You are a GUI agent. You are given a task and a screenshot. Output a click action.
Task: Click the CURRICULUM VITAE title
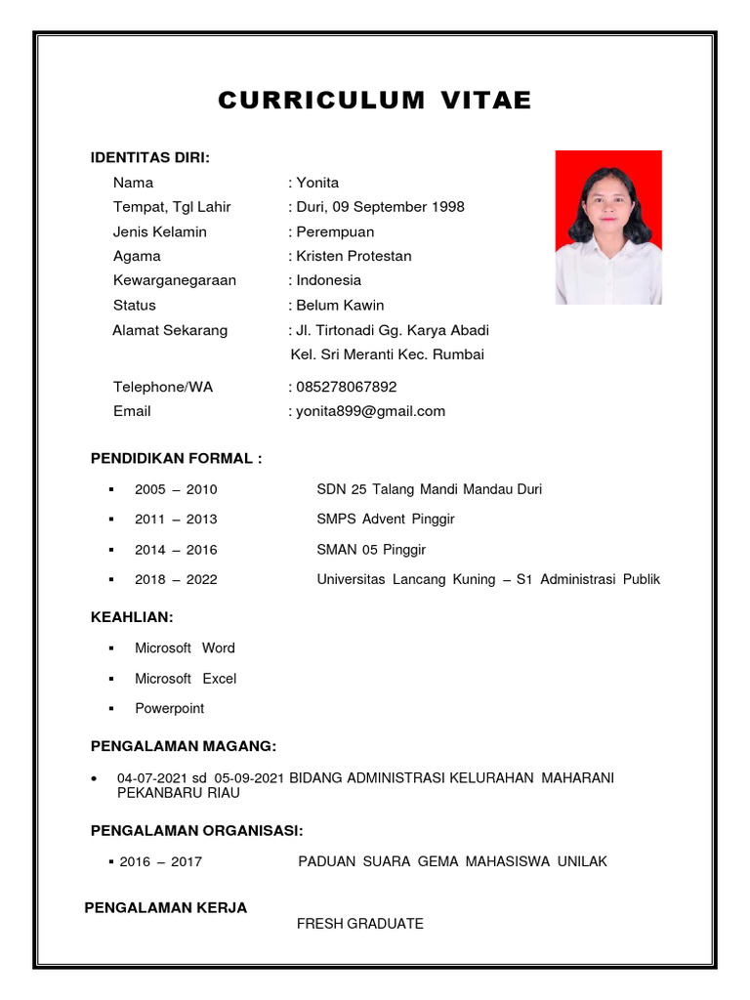tap(375, 101)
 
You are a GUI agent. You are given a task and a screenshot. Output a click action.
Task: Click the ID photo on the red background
tap(608, 227)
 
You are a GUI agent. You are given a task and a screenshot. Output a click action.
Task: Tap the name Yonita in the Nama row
tap(317, 183)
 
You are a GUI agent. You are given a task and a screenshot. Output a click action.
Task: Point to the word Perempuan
tap(335, 231)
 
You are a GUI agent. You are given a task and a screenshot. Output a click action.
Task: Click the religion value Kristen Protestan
tap(354, 256)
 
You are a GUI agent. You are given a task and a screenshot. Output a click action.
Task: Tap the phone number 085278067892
tap(346, 387)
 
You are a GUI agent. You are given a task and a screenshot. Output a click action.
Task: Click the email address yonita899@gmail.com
tap(370, 411)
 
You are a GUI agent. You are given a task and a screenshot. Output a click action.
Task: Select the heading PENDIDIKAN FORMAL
tap(176, 458)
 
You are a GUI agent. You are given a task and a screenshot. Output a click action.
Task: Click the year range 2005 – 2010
tap(176, 489)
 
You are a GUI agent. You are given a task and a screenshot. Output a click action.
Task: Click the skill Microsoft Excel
tap(186, 679)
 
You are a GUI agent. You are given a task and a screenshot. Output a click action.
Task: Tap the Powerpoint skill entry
tap(170, 709)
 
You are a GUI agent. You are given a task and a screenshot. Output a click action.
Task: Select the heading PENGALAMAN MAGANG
tap(184, 746)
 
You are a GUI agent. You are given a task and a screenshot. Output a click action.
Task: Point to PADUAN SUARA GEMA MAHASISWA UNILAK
tap(453, 861)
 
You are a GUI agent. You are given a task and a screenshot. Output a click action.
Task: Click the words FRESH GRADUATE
tap(360, 924)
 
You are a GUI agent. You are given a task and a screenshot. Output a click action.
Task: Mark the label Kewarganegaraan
tap(175, 280)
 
